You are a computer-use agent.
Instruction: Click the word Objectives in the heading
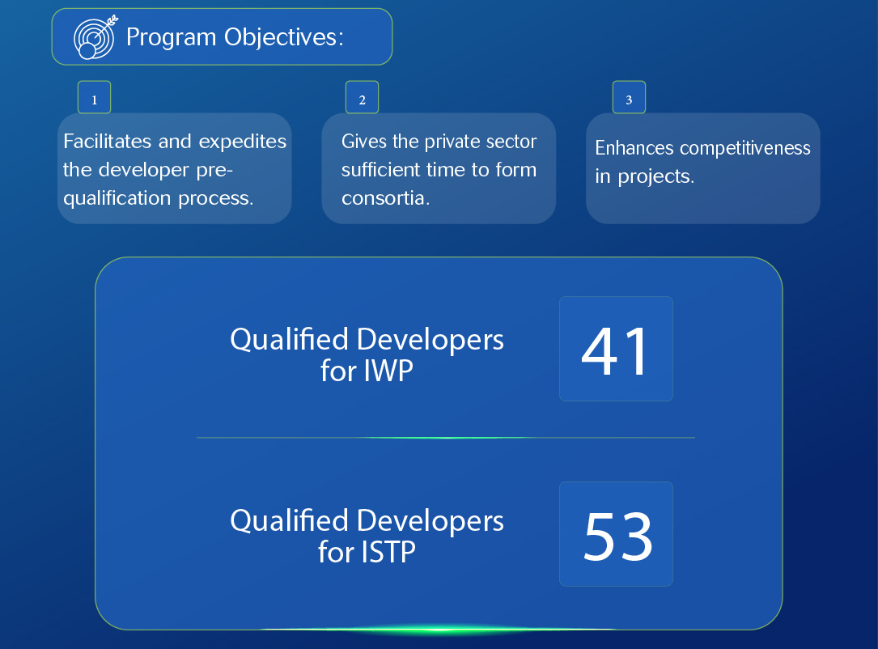point(283,37)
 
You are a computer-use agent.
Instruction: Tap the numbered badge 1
point(94,97)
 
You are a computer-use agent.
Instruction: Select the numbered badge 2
point(362,97)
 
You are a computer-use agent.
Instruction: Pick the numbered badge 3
point(629,97)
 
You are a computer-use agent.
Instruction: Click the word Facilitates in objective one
point(108,141)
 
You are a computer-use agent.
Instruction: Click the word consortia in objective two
point(385,198)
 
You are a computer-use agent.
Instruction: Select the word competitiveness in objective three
point(744,148)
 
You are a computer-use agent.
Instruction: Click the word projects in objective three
point(655,177)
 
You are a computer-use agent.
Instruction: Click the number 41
point(615,352)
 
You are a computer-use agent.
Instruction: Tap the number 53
point(618,537)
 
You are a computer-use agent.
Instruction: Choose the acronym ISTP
point(389,552)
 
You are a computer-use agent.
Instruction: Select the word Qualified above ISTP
point(290,522)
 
